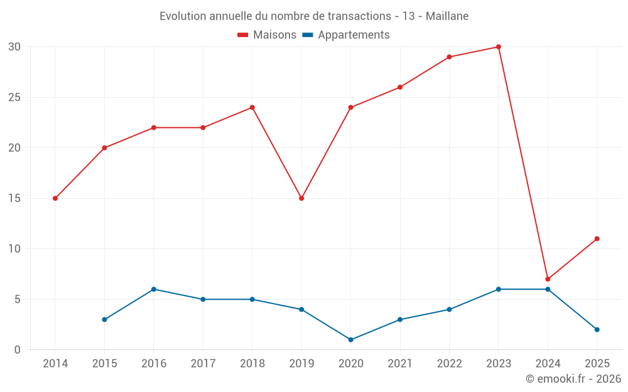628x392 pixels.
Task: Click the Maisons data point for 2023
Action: (x=498, y=47)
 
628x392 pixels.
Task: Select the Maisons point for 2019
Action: (x=301, y=198)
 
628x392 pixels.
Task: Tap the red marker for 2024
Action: (x=548, y=279)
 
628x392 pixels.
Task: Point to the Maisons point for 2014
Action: (x=55, y=198)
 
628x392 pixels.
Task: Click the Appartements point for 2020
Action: (x=350, y=340)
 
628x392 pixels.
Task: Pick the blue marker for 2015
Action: (x=104, y=320)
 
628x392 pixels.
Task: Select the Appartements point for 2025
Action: (x=597, y=330)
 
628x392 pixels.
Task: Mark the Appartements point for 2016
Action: (x=154, y=289)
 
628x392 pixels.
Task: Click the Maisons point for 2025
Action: (x=597, y=239)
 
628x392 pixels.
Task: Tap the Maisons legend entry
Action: (x=267, y=35)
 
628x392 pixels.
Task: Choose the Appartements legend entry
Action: (x=346, y=35)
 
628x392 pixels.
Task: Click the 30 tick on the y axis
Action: (x=14, y=47)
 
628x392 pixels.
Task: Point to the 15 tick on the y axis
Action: (x=14, y=198)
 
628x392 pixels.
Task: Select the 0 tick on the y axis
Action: (x=18, y=350)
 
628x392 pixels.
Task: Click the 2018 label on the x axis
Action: (x=252, y=364)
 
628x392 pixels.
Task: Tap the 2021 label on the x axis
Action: (x=400, y=364)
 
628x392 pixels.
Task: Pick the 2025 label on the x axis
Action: (x=597, y=364)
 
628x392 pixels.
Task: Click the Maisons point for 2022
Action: (x=449, y=57)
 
